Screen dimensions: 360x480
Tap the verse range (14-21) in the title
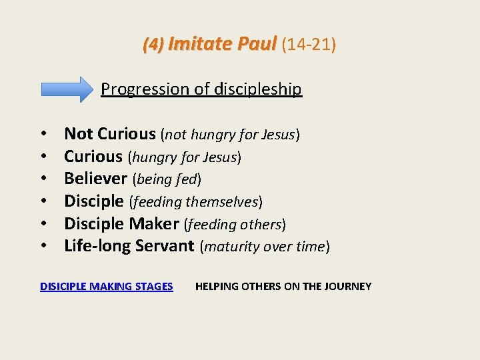tap(308, 45)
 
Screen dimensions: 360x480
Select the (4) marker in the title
tap(153, 45)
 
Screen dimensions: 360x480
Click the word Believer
tap(95, 178)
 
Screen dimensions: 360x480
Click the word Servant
tap(164, 245)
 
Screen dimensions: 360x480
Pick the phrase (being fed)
tap(167, 179)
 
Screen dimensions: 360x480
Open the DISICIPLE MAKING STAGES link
tap(107, 286)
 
